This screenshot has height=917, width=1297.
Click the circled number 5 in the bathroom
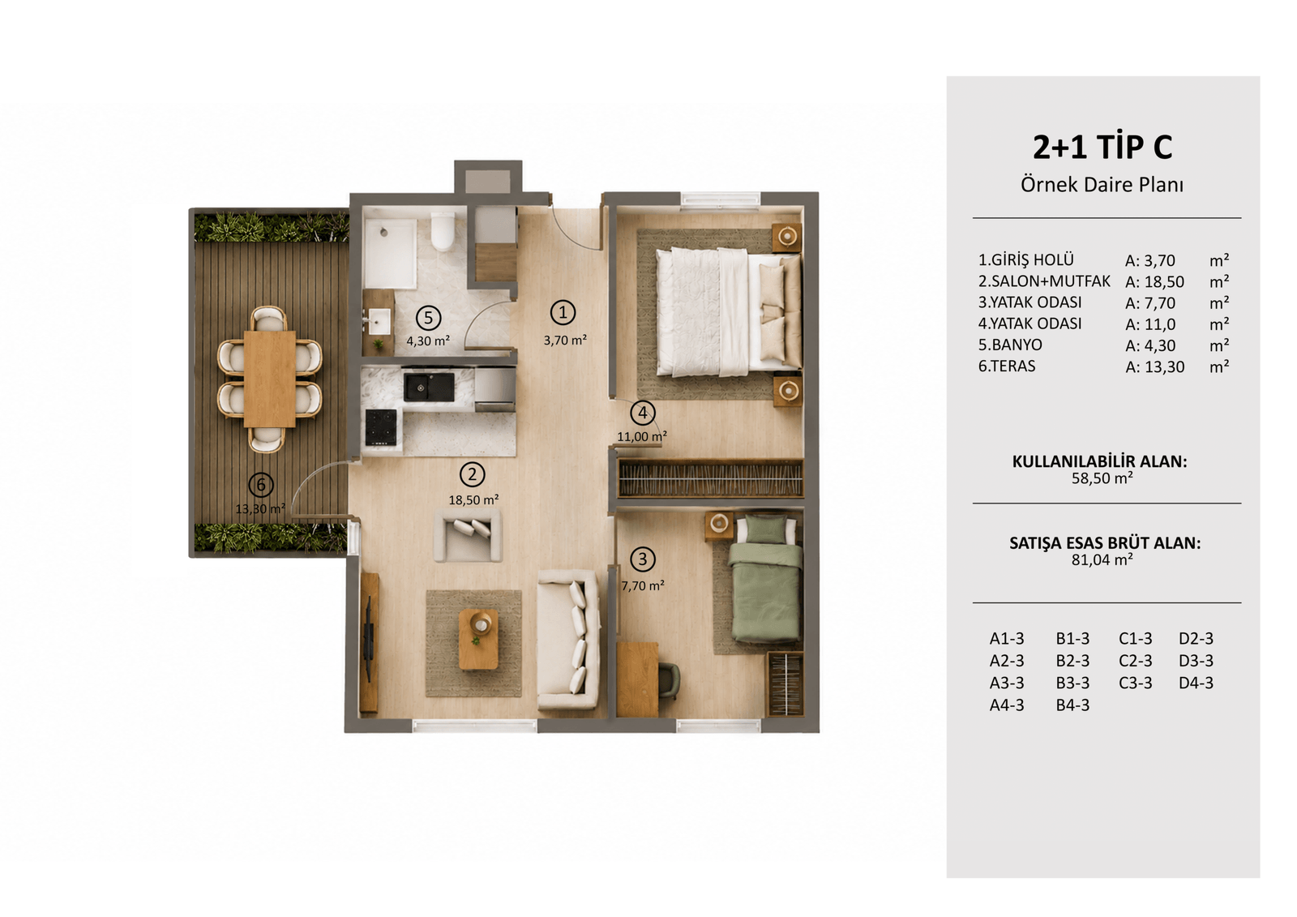coord(428,318)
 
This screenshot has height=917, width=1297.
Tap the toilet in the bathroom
coord(443,231)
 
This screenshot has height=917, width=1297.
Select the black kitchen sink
coord(429,387)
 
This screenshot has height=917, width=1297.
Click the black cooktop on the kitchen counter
coord(381,427)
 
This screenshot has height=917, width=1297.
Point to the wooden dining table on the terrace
coord(270,379)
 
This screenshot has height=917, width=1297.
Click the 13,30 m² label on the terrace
coord(260,508)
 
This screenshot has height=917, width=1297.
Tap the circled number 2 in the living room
coord(472,474)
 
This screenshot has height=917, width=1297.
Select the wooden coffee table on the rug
coord(478,639)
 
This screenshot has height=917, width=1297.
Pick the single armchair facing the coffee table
coord(468,535)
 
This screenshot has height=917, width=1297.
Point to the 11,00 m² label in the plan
coord(641,436)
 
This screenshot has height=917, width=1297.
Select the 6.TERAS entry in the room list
coord(1007,366)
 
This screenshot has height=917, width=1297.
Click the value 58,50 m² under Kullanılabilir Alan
coord(1102,478)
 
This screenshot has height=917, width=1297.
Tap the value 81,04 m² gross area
coord(1102,559)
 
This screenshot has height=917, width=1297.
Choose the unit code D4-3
coord(1196,683)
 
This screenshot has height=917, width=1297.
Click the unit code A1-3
coord(1007,638)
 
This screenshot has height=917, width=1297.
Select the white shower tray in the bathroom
coord(391,253)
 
